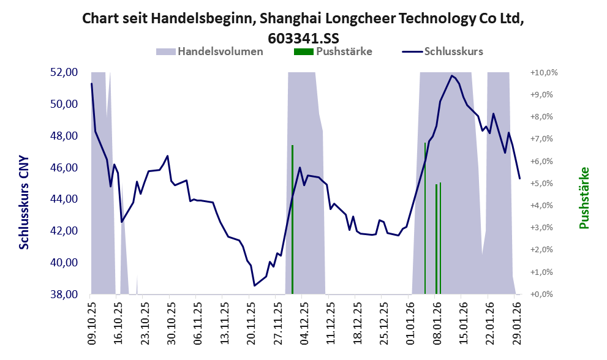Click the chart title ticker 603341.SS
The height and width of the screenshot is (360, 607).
point(303,37)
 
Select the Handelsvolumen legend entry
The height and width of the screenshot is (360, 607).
point(220,51)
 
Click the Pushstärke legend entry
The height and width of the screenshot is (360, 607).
point(344,51)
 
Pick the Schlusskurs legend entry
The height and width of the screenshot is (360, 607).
point(453,51)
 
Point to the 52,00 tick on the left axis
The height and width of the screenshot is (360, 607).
point(63,72)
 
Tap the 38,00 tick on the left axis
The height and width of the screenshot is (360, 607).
point(63,294)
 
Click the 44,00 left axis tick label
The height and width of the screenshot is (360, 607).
point(63,200)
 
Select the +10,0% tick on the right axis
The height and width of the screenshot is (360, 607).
point(544,72)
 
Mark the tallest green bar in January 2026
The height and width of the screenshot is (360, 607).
point(425,217)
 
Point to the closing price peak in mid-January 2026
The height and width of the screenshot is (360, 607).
point(451,76)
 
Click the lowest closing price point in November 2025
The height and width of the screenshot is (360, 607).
point(254,285)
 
